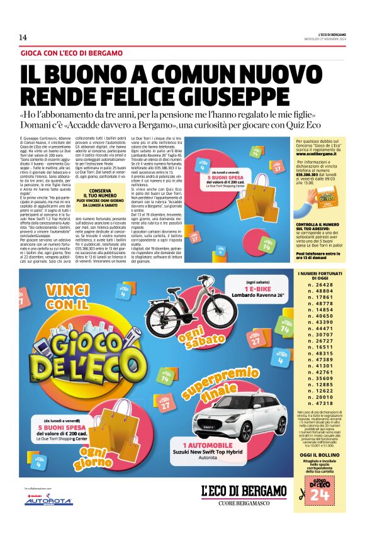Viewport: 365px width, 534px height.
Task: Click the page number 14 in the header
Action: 23,37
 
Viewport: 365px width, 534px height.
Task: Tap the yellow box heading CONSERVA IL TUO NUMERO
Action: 100,196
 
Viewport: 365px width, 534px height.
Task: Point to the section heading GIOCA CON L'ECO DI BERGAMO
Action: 71,53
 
